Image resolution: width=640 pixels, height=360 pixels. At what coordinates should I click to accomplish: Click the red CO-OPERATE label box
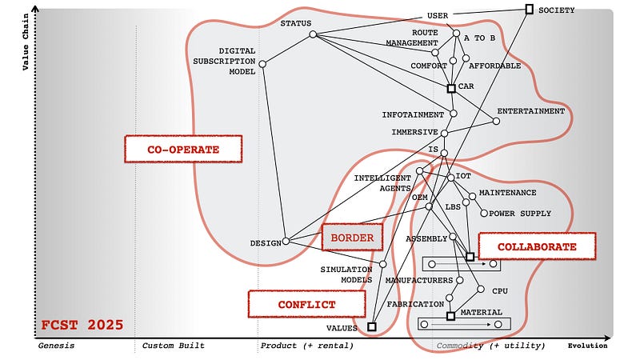[182, 149]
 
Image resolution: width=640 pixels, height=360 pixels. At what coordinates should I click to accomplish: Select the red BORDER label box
[352, 238]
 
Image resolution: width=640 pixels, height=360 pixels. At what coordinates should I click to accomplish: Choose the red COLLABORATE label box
[537, 246]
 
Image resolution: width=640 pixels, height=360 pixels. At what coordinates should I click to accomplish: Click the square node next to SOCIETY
[529, 9]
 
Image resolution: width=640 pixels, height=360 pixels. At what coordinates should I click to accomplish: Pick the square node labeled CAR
[451, 88]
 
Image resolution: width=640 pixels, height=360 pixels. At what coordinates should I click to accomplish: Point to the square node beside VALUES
[372, 326]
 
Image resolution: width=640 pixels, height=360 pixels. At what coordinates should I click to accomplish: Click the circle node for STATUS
[313, 34]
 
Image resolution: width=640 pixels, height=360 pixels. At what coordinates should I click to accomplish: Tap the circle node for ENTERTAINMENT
[496, 121]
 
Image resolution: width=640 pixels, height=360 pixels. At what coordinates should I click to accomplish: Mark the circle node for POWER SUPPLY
[482, 213]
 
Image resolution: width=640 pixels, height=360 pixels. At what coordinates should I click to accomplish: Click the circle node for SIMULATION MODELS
[383, 264]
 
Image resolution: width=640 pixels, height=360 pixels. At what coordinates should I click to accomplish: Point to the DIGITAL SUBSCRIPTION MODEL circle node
[262, 64]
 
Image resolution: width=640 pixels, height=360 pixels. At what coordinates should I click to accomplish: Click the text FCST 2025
[82, 325]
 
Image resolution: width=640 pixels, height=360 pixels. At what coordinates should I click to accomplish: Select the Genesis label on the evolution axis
[56, 346]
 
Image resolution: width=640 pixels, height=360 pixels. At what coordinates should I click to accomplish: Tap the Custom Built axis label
[173, 346]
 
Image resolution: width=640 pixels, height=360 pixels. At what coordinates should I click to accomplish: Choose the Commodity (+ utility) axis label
[490, 346]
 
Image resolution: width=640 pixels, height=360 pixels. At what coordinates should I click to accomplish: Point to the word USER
[438, 15]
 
